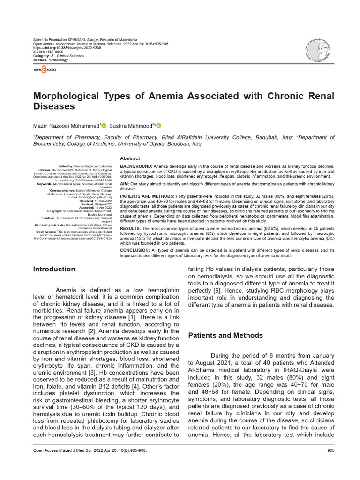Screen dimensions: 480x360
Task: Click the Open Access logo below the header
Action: coord(45,69)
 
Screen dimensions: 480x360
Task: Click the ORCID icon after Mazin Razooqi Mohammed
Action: coord(104,125)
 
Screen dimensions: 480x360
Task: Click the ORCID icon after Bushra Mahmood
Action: coord(158,125)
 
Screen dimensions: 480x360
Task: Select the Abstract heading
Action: coord(130,158)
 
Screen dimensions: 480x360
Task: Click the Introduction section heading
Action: coord(54,269)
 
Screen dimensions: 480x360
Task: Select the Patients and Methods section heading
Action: coord(225,335)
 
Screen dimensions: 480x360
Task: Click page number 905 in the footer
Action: coord(330,450)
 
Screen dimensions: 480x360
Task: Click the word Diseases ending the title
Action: coord(54,106)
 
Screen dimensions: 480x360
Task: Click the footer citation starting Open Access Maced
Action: coord(89,450)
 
